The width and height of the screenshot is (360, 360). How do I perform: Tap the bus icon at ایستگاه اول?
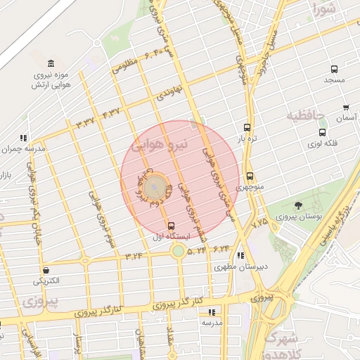[x=170, y=226]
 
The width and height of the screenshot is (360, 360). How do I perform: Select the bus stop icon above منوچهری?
[x=250, y=176]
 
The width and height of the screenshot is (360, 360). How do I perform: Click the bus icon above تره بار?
[x=247, y=127]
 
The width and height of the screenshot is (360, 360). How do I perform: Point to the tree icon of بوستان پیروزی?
[x=299, y=205]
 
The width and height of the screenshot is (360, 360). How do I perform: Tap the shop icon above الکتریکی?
[x=46, y=270]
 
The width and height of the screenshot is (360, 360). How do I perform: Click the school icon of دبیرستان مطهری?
[x=241, y=256]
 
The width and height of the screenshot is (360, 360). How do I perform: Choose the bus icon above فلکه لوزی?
[x=322, y=132]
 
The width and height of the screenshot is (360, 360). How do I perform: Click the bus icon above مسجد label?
[x=334, y=70]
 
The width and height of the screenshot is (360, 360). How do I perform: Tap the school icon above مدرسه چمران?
[x=23, y=138]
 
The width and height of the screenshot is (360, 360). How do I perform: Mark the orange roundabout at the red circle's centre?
[x=158, y=186]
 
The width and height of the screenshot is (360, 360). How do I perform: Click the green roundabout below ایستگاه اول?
[x=179, y=250]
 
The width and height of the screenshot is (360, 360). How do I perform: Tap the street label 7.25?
[x=259, y=222]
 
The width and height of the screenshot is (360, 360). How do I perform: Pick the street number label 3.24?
[x=134, y=256]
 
